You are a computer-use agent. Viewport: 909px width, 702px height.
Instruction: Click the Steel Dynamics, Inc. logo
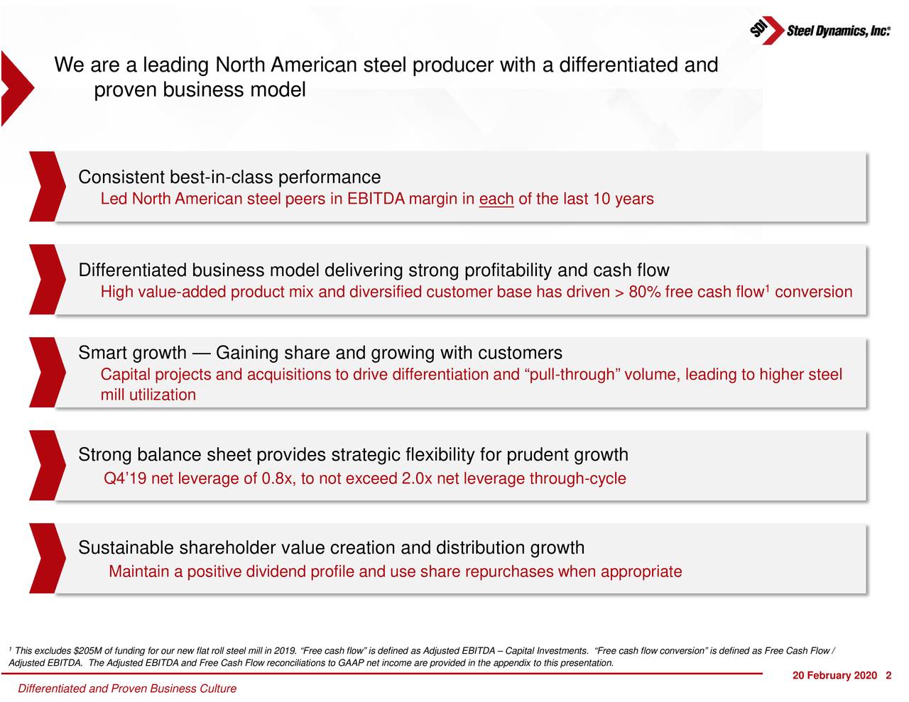point(820,31)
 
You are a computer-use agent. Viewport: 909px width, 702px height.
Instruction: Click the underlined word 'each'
point(496,199)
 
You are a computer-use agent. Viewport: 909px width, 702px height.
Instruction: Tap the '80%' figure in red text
point(645,292)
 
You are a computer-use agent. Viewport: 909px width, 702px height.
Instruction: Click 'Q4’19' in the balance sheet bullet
point(125,479)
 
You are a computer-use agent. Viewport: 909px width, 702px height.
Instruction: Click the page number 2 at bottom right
point(888,675)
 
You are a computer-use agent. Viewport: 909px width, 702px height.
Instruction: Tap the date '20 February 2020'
point(834,675)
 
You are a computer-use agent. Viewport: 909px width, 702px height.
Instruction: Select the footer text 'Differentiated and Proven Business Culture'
point(126,689)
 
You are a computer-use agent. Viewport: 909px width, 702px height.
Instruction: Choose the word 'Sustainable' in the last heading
point(126,549)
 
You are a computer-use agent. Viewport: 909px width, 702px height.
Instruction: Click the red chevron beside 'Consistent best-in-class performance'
point(44,187)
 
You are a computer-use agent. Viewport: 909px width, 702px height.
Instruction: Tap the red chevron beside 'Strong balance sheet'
point(44,465)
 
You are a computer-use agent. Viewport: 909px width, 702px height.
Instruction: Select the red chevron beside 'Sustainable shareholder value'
point(44,558)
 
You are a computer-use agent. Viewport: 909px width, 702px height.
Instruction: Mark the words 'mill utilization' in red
point(148,395)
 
